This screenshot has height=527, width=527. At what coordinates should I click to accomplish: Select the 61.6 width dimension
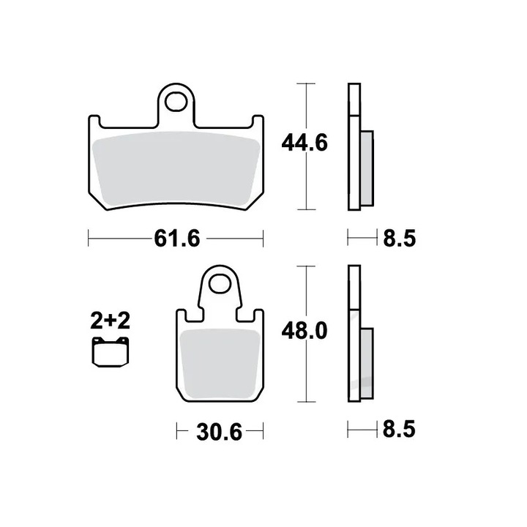pyautogui.click(x=176, y=238)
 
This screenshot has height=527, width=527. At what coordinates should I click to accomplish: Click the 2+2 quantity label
pyautogui.click(x=110, y=321)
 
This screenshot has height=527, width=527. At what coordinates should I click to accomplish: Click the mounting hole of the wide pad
pyautogui.click(x=176, y=100)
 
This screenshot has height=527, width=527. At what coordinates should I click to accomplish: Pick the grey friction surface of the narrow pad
pyautogui.click(x=219, y=363)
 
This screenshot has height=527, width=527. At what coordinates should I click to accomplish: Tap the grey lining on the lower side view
pyautogui.click(x=367, y=360)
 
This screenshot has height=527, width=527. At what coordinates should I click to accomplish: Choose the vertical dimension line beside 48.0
pyautogui.click(x=304, y=373)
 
